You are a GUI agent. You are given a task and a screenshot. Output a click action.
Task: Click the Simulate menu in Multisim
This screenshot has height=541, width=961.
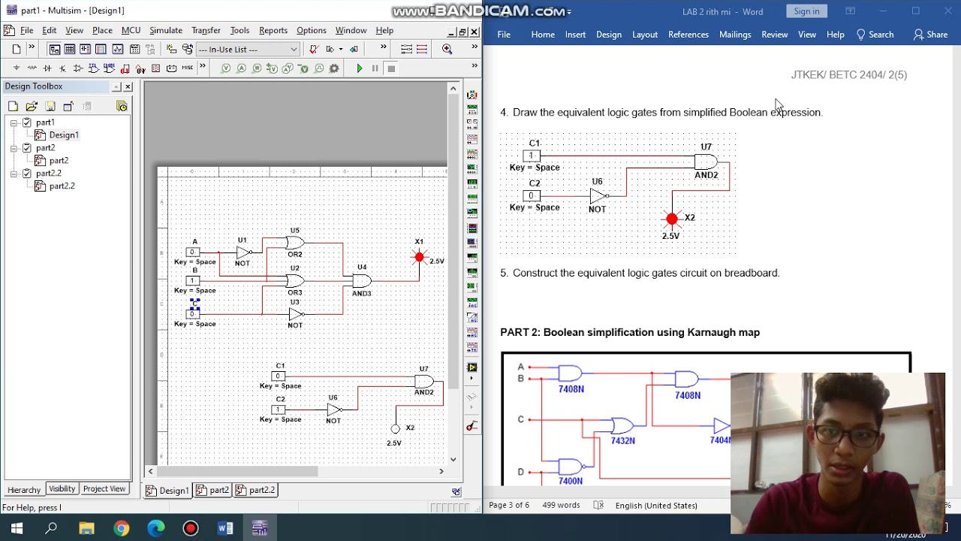tap(165, 31)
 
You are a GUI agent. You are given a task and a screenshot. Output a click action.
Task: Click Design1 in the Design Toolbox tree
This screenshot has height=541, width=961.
tap(63, 135)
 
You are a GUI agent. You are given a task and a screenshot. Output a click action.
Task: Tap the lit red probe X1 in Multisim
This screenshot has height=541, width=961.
tap(419, 257)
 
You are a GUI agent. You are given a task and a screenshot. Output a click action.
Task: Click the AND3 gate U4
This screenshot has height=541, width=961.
tap(362, 280)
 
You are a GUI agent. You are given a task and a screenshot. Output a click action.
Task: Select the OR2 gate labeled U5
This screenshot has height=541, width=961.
tap(294, 243)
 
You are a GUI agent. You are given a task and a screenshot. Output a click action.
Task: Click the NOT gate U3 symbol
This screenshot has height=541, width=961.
tap(296, 313)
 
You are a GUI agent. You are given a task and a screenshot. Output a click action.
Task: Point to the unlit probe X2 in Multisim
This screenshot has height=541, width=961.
tap(396, 429)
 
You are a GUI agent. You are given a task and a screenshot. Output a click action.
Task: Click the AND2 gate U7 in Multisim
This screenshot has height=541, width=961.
tap(424, 381)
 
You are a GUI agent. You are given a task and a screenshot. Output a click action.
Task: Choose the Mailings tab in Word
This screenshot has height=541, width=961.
tap(734, 35)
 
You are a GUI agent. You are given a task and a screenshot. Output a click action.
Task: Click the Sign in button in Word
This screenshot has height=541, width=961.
tap(806, 11)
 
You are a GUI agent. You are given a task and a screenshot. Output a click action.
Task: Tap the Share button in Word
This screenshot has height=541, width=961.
tap(930, 35)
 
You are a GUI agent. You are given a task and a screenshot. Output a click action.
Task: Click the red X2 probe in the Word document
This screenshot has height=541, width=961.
tap(672, 219)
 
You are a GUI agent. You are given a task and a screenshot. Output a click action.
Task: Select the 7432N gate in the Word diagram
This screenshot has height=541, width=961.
tap(622, 426)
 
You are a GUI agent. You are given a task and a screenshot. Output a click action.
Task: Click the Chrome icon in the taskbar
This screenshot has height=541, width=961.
tap(121, 528)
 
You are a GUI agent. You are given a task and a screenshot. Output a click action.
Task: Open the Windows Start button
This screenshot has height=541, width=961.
tap(17, 528)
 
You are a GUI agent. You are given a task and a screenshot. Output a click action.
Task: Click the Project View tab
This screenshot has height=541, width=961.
tap(104, 489)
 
